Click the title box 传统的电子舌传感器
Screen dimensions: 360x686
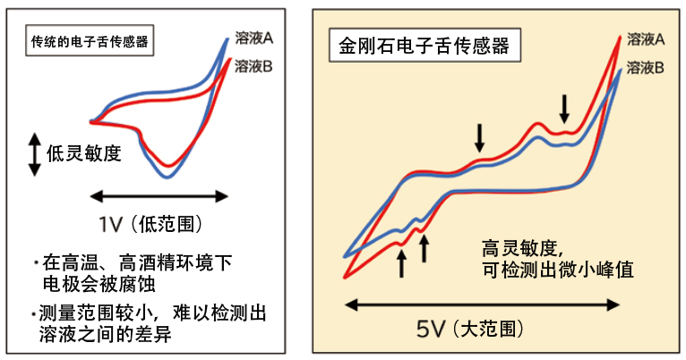(90, 41)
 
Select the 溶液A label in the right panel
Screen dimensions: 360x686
(645, 39)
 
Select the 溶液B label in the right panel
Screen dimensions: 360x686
(645, 67)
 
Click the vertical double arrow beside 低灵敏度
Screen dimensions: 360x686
(35, 153)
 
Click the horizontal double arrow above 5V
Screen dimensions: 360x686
(481, 304)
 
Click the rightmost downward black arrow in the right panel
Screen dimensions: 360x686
(564, 109)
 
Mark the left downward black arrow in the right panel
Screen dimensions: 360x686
(480, 136)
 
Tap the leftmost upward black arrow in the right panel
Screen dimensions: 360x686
(401, 262)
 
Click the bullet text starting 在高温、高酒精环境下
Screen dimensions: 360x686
(134, 263)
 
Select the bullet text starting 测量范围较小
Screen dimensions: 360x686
(148, 313)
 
